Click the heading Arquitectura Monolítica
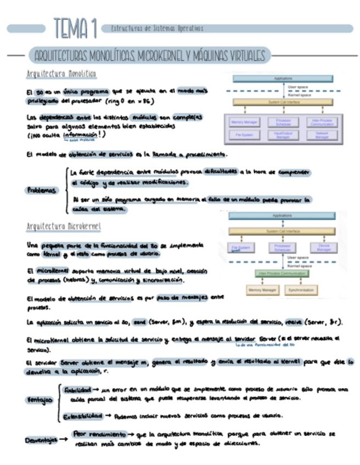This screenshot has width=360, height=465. point(61,73)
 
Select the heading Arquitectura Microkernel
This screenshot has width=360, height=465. point(64,225)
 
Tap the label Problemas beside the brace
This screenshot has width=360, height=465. point(42,190)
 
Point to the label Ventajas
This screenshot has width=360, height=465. point(39,400)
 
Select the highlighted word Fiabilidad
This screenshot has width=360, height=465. point(77,389)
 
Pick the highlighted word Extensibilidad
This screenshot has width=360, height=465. point(83,415)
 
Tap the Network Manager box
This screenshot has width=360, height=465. point(322,135)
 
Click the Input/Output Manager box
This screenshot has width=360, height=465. point(283,135)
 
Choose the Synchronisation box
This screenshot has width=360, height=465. point(300,289)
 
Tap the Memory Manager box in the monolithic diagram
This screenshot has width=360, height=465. point(244,122)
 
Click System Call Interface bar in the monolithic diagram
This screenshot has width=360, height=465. point(282,102)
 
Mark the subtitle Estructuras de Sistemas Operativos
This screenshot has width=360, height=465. point(157,28)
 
